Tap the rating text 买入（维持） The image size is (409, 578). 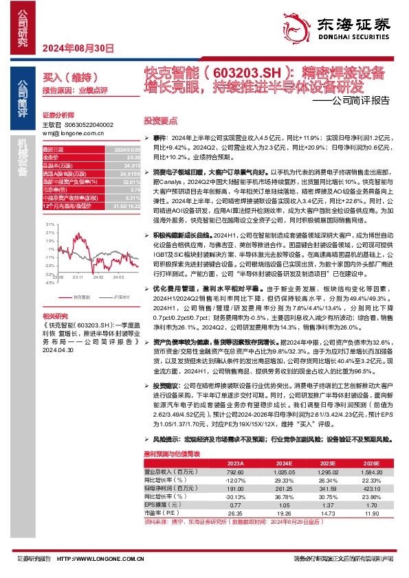(65, 78)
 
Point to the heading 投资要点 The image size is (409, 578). (159, 118)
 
